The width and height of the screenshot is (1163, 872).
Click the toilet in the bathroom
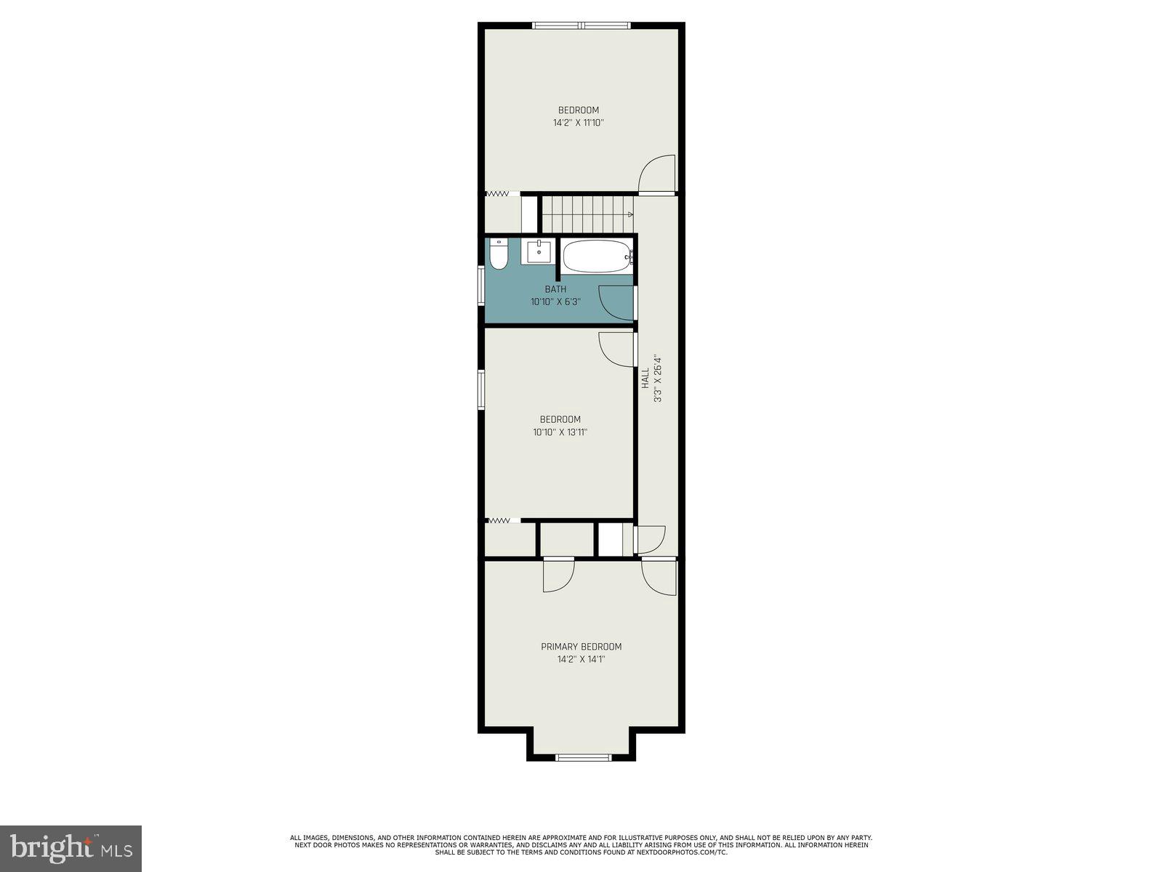499,255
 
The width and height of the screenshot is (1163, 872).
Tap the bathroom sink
539,251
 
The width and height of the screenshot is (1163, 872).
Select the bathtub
596,257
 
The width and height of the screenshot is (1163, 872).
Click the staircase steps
586,214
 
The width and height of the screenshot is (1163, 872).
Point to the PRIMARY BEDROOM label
581,647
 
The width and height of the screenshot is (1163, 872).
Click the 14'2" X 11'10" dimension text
578,124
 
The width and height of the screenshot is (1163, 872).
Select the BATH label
555,289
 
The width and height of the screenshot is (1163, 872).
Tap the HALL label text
645,378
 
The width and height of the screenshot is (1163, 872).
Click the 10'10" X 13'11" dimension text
560,432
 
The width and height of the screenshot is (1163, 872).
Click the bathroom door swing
616,302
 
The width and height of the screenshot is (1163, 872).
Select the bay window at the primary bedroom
583,757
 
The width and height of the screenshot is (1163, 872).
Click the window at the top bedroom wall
581,25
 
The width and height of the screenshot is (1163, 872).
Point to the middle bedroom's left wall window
480,389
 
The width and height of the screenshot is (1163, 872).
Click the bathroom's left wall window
480,285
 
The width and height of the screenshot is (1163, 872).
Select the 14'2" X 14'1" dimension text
581,660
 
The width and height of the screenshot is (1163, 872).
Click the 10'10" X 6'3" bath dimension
555,302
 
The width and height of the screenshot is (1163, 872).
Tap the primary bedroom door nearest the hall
659,578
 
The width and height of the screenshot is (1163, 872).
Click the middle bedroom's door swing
616,350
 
